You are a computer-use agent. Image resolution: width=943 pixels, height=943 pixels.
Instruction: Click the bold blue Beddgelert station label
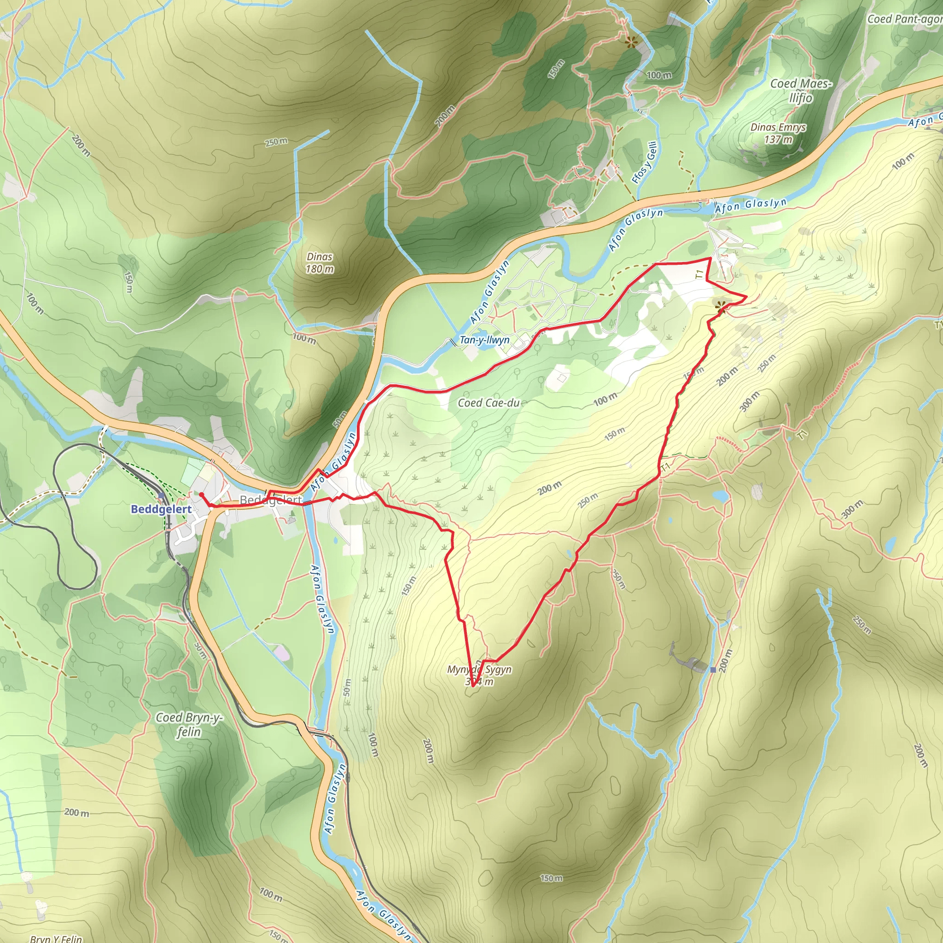(161, 509)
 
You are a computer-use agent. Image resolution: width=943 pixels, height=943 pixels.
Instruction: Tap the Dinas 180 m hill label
(320, 262)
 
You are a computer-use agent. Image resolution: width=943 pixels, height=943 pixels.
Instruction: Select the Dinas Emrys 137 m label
(778, 133)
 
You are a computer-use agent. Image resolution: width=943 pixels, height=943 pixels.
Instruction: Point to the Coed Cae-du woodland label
(489, 403)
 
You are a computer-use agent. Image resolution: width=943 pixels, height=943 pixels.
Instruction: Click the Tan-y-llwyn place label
(485, 340)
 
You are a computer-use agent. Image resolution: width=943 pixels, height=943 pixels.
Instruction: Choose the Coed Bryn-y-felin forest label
(189, 724)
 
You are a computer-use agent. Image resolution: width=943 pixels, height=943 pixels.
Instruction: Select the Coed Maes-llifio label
(800, 90)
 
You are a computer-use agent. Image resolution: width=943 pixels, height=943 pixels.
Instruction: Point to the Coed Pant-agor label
(904, 19)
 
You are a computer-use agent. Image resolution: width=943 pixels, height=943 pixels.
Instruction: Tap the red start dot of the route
(201, 495)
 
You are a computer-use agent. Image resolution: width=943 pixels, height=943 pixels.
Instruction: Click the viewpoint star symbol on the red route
(721, 307)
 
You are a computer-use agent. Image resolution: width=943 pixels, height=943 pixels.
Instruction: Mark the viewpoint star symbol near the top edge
(632, 42)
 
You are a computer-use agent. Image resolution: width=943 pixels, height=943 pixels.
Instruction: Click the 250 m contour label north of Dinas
(276, 142)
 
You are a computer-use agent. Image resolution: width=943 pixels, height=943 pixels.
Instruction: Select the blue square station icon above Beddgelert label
(162, 495)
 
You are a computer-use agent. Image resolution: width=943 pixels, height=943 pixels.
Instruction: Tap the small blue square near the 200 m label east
(713, 669)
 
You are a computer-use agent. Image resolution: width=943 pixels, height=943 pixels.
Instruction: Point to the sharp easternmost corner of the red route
(746, 296)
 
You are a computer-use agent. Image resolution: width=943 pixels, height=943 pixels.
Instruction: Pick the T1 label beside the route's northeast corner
(700, 274)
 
